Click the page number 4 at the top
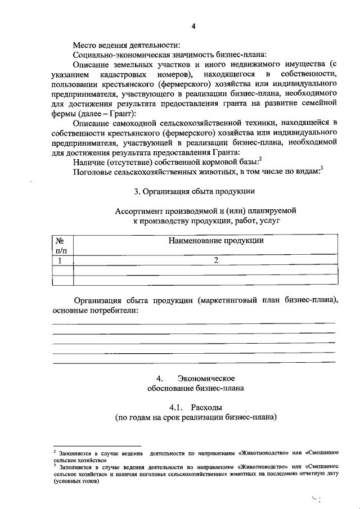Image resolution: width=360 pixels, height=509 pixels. tap(193, 26)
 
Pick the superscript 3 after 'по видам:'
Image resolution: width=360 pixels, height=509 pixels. tap(322, 169)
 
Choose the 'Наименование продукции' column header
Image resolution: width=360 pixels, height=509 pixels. tap(216, 241)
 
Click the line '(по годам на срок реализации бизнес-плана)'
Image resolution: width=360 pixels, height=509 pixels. tap(195, 418)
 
